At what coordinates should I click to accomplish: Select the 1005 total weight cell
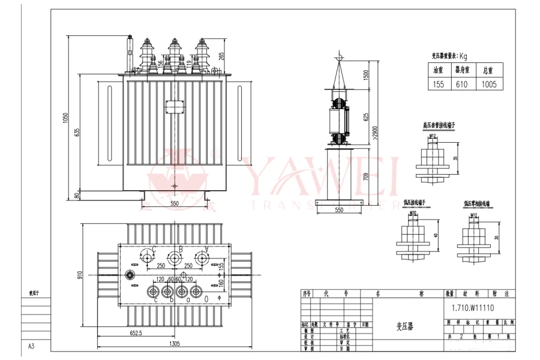489,85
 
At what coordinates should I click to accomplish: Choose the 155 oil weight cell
439,85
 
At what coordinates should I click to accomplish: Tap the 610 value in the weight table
461,85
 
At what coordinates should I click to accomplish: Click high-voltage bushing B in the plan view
174,258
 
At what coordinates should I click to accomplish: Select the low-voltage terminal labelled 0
206,292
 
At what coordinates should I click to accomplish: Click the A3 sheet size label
31,346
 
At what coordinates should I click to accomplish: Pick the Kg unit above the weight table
463,56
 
